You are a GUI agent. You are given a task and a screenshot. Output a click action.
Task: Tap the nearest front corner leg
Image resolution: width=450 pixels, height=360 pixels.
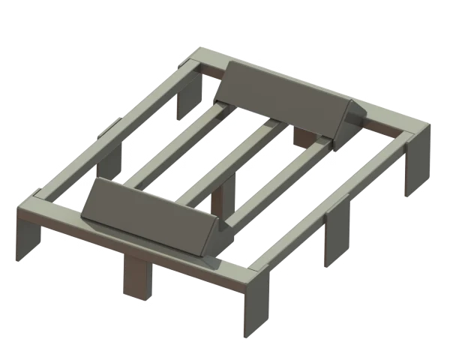[253, 311]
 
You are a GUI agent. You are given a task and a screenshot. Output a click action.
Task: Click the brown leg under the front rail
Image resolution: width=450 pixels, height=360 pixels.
[136, 277]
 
